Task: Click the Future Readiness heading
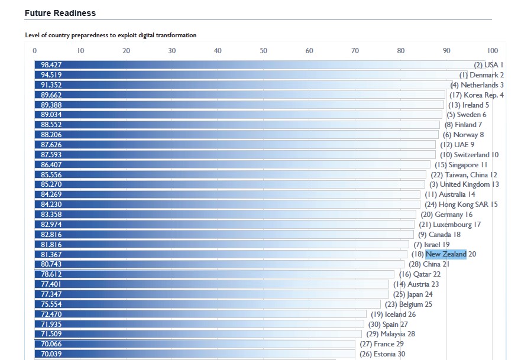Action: pyautogui.click(x=60, y=13)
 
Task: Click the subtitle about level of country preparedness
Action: pyautogui.click(x=111, y=35)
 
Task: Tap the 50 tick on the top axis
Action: pyautogui.click(x=264, y=51)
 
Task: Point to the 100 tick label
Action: pyautogui.click(x=493, y=51)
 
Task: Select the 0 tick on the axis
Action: pyautogui.click(x=35, y=51)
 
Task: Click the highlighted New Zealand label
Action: pyautogui.click(x=446, y=254)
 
